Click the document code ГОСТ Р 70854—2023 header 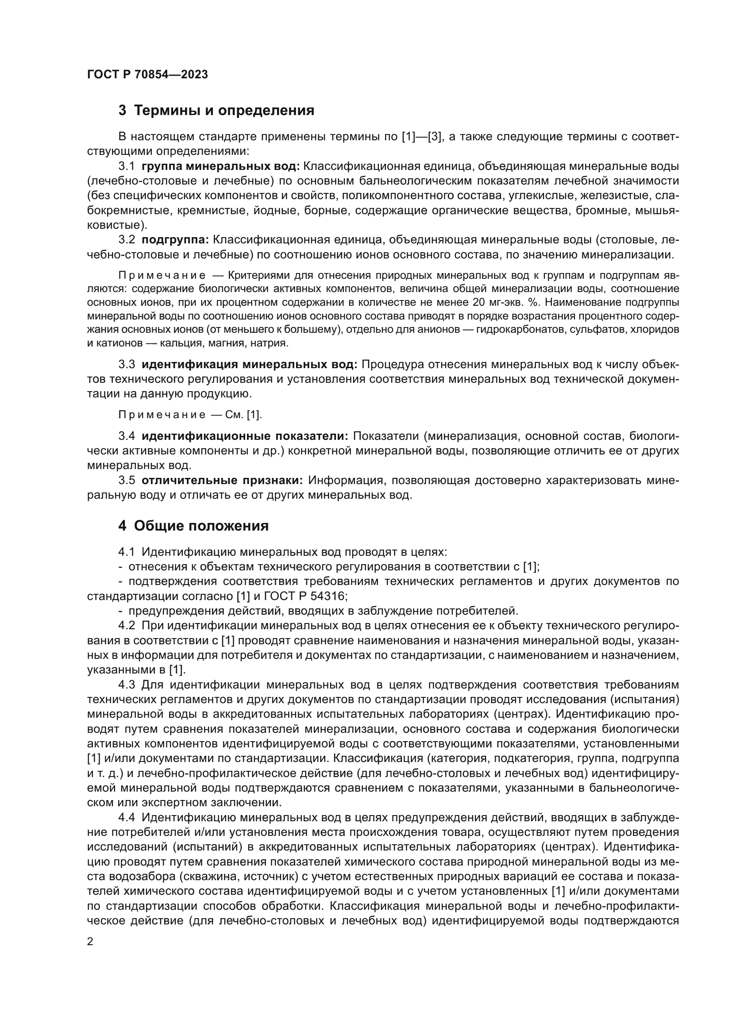[x=147, y=74]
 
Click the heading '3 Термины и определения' [x=216, y=110]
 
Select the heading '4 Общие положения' [x=193, y=526]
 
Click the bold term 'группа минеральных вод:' [x=220, y=166]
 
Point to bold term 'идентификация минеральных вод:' [x=249, y=364]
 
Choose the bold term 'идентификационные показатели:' [x=245, y=436]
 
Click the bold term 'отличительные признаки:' [x=222, y=481]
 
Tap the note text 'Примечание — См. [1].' [x=190, y=415]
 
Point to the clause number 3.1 [x=127, y=166]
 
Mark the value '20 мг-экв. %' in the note [x=505, y=302]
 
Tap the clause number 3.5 [x=127, y=481]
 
